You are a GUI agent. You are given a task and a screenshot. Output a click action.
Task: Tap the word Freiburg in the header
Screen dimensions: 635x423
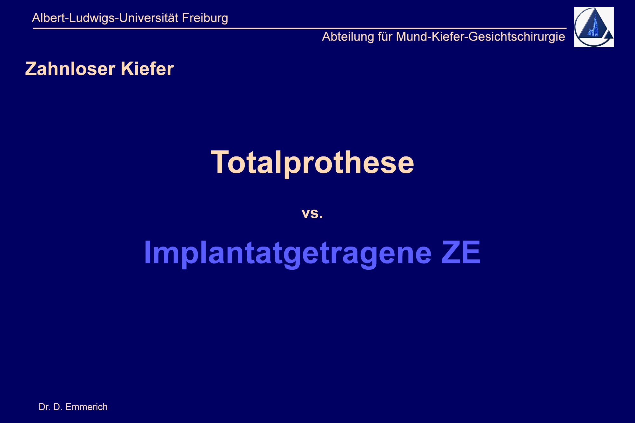(205, 18)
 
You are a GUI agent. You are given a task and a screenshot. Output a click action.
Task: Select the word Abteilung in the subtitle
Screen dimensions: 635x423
(348, 37)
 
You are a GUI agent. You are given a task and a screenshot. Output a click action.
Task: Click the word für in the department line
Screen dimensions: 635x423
(385, 36)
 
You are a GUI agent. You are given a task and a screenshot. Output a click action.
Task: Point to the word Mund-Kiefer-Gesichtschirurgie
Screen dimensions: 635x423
(481, 37)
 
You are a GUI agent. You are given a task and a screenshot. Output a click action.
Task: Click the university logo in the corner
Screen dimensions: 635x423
(594, 27)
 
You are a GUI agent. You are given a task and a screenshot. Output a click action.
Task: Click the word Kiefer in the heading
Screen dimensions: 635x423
(147, 69)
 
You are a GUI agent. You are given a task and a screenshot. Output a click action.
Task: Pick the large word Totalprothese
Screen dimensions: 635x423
(312, 162)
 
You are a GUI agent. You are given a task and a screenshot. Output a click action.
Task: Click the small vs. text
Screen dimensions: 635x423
(312, 213)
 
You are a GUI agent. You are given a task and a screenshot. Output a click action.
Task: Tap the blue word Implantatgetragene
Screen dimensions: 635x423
(288, 253)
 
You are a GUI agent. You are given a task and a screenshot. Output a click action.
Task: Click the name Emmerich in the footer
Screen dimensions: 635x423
(86, 407)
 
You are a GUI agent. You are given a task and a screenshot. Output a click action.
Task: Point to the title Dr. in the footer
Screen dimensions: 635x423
(44, 407)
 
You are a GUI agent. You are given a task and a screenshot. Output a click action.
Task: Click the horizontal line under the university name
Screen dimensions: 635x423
(300, 28)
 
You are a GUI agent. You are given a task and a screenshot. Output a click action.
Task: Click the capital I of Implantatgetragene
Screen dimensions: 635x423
(148, 252)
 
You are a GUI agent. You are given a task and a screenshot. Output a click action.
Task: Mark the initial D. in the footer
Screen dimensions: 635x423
(57, 407)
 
